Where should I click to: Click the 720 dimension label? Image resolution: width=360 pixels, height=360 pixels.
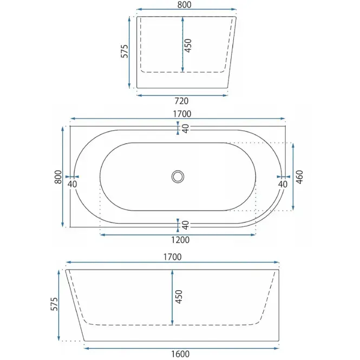pos(181,101)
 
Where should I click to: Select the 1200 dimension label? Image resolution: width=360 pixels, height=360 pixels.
pos(180,240)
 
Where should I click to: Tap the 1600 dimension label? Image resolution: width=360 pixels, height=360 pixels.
pos(180,354)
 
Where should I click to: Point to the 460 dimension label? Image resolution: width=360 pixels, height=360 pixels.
pos(299,177)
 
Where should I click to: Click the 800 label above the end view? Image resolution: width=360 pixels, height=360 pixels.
pos(184,4)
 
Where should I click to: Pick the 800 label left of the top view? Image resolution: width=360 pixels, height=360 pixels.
pos(58,177)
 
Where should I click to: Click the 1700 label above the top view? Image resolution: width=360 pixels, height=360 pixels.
pos(182,114)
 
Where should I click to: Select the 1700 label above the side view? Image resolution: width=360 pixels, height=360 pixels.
pos(173,257)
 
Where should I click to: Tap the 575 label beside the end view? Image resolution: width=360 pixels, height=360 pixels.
pos(125,51)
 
